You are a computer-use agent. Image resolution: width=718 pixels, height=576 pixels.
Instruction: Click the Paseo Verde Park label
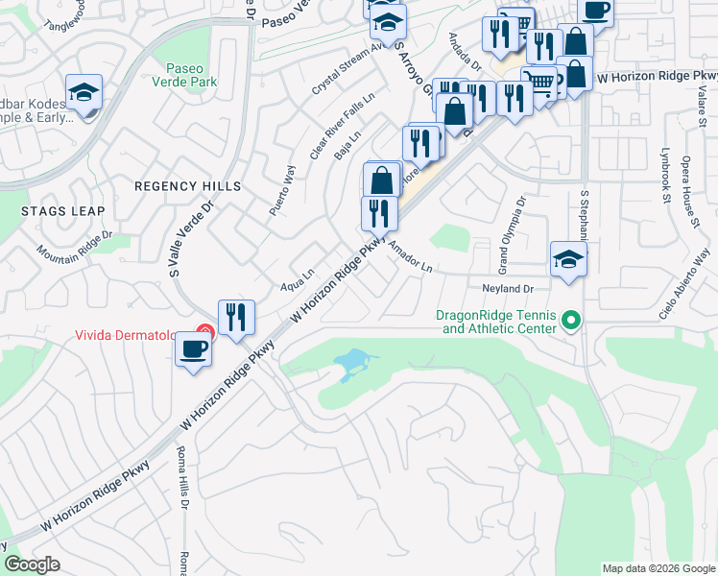coord(192,76)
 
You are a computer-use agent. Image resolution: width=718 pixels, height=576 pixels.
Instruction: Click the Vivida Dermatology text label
coord(129,335)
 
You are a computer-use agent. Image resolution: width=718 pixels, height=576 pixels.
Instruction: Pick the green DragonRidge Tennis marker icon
coord(572,319)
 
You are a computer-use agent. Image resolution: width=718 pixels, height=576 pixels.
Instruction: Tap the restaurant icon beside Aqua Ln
coord(236,316)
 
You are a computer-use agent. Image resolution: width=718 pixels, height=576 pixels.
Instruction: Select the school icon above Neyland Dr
coord(568,257)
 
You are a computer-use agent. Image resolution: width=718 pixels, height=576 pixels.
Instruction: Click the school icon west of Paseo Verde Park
coord(84,92)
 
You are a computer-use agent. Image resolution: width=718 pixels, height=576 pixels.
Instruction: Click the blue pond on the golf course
coord(351,364)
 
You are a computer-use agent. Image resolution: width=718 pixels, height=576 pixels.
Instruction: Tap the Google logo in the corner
coord(32,564)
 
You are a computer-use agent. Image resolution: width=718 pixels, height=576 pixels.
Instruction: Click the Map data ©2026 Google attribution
coord(658,568)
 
